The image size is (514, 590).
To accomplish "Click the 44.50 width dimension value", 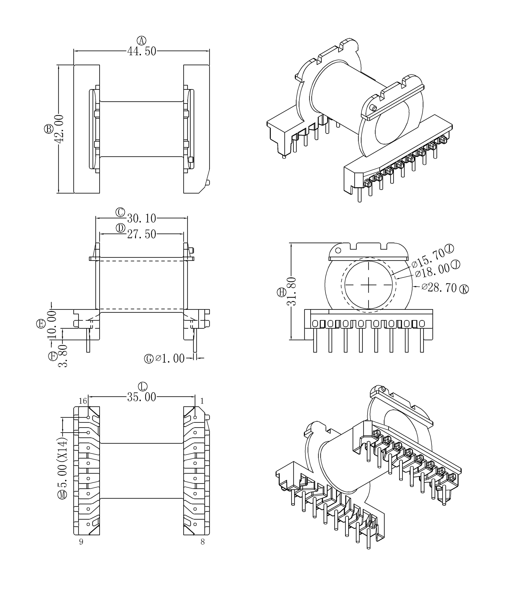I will pyautogui.click(x=142, y=51).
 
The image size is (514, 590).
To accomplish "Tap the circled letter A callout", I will pyautogui.click(x=141, y=40).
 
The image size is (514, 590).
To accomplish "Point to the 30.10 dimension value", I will pyautogui.click(x=142, y=219).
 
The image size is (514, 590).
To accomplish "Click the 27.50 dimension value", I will pyautogui.click(x=142, y=234).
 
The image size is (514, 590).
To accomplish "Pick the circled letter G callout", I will pyautogui.click(x=149, y=358).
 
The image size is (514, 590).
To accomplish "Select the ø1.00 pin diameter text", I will pyautogui.click(x=170, y=358).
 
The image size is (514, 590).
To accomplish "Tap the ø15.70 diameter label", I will pyautogui.click(x=428, y=258).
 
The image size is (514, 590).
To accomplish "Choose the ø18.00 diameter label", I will pyautogui.click(x=432, y=271).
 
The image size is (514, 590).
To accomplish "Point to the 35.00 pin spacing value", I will pyautogui.click(x=142, y=397).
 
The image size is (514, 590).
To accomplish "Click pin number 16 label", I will pyautogui.click(x=83, y=401).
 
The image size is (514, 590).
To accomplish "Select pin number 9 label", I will pyautogui.click(x=81, y=542).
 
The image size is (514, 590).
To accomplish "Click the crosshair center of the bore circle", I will pyautogui.click(x=369, y=285).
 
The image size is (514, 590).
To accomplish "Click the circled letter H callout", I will pyautogui.click(x=282, y=292).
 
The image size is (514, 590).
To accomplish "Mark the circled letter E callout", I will pyautogui.click(x=41, y=324).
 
